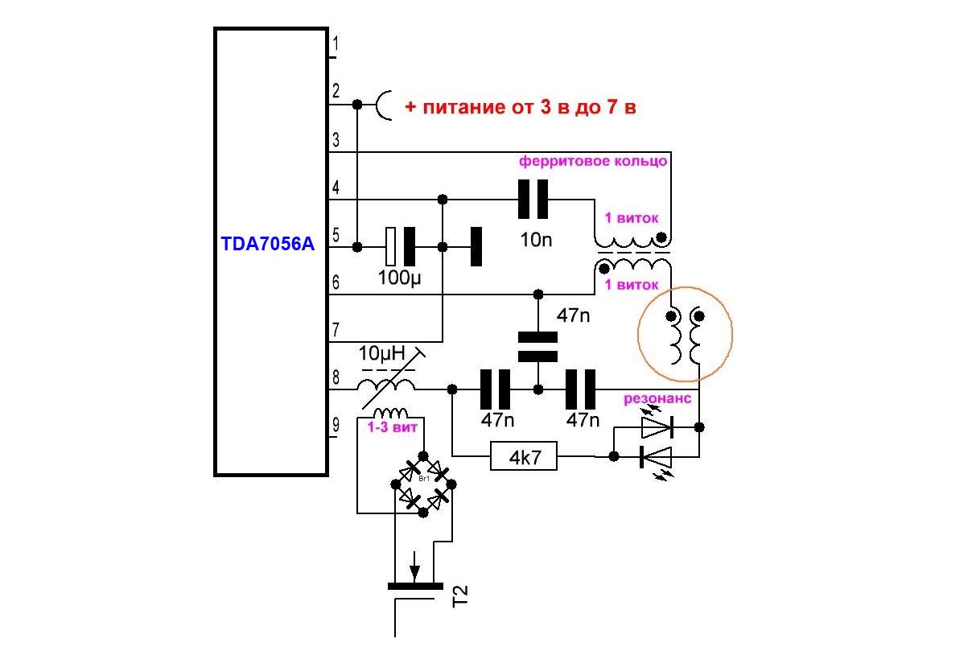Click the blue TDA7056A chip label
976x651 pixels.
(267, 244)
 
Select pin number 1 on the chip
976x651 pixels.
(336, 43)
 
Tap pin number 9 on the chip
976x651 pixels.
(336, 424)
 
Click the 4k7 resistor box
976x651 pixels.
(524, 458)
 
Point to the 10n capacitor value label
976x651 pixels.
(536, 239)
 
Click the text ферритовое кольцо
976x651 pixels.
(593, 161)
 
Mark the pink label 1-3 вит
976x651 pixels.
(393, 428)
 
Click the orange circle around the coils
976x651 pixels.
(686, 333)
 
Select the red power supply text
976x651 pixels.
(521, 107)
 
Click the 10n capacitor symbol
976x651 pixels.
(532, 200)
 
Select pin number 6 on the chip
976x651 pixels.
(336, 282)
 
